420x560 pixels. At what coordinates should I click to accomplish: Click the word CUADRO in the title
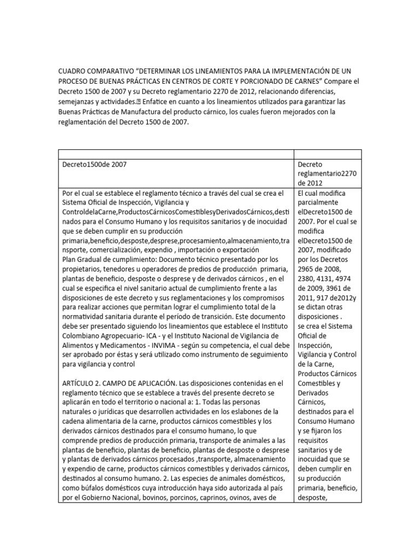tap(74, 71)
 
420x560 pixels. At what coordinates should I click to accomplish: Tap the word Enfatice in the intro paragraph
tap(163, 102)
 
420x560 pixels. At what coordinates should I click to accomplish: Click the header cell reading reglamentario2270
tap(327, 173)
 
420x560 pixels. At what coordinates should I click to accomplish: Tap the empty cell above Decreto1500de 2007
tap(176, 154)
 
